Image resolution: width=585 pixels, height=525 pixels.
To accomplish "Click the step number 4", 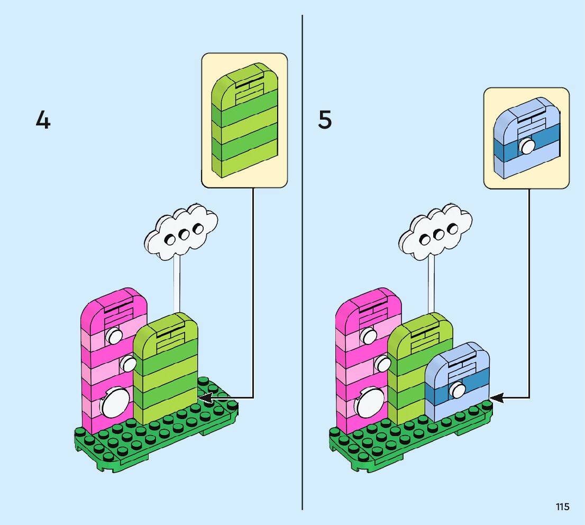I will [43, 121].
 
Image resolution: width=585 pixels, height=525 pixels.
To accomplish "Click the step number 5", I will [325, 120].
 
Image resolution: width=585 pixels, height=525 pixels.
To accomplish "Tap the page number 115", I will [563, 507].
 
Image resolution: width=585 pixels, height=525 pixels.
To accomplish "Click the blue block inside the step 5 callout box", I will [526, 139].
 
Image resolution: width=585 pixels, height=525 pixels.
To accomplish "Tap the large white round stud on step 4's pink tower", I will [115, 403].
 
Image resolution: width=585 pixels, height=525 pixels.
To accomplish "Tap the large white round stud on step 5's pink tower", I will [370, 403].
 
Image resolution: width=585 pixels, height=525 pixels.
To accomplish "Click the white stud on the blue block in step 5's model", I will [458, 391].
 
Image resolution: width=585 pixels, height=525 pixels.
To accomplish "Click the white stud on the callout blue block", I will [527, 146].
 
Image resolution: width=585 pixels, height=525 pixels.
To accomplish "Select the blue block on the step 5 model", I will [458, 381].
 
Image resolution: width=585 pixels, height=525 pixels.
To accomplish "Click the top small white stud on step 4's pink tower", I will [114, 334].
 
